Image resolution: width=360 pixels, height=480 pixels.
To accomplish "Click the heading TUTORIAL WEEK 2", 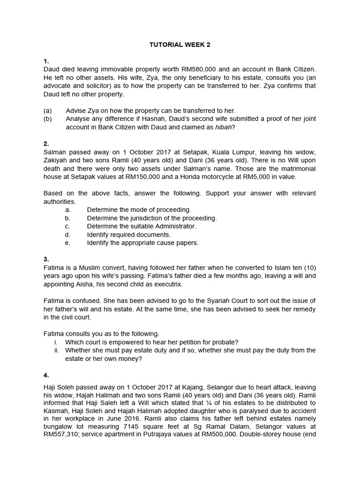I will coord(180,45).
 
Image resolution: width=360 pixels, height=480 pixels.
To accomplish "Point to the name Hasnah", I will coord(161,119).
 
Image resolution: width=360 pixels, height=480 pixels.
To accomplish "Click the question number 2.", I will coord(46,144).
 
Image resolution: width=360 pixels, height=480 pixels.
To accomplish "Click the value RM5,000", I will coord(258,177).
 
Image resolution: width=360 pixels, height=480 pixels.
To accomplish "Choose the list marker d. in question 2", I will coord(67,234).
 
